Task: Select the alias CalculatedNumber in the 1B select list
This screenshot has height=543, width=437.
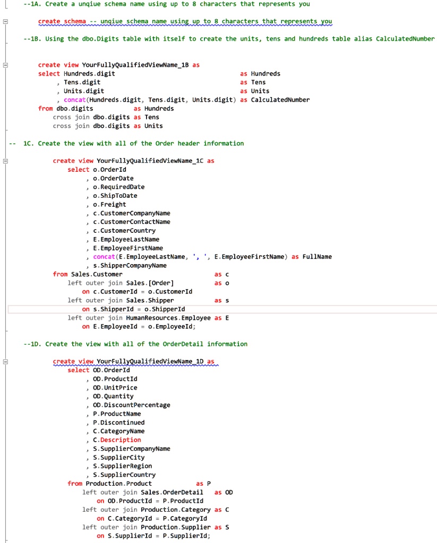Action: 280,100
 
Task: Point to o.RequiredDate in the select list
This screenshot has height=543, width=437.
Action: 118,187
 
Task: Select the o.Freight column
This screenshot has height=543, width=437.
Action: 109,204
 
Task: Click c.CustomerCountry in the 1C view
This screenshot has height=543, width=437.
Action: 124,231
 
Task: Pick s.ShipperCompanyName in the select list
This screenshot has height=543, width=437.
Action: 130,265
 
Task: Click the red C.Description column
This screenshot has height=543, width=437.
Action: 117,440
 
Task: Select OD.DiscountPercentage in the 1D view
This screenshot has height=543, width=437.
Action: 132,405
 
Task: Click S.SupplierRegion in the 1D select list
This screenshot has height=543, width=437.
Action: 122,466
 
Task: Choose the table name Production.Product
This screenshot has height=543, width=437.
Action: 118,484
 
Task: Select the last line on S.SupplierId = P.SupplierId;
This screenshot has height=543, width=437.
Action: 154,536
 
